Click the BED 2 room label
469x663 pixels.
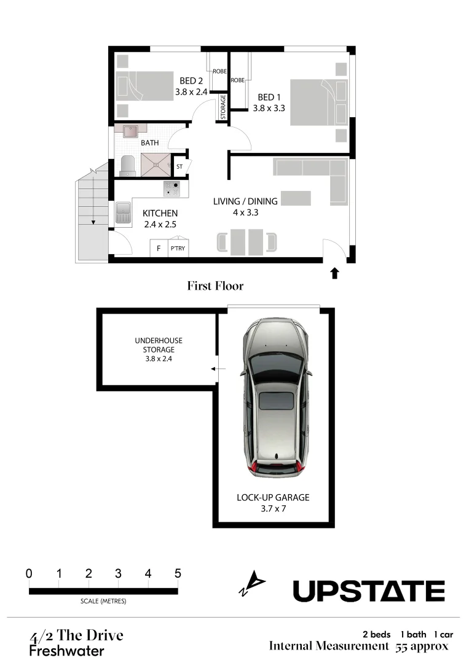[191, 81]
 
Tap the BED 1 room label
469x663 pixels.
[269, 97]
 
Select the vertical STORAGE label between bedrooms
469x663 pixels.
[223, 107]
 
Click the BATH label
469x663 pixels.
[150, 143]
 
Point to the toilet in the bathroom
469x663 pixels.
[127, 165]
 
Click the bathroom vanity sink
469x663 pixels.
[130, 132]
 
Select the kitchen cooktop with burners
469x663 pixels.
[171, 188]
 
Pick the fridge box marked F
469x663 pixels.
[159, 249]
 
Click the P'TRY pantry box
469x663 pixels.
[178, 249]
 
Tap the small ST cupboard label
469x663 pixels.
[180, 166]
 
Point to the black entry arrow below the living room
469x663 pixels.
[334, 273]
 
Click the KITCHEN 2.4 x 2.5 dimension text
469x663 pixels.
[160, 225]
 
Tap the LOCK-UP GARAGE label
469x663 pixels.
[273, 497]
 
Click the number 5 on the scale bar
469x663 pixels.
[178, 573]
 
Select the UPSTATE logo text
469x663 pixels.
[368, 591]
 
